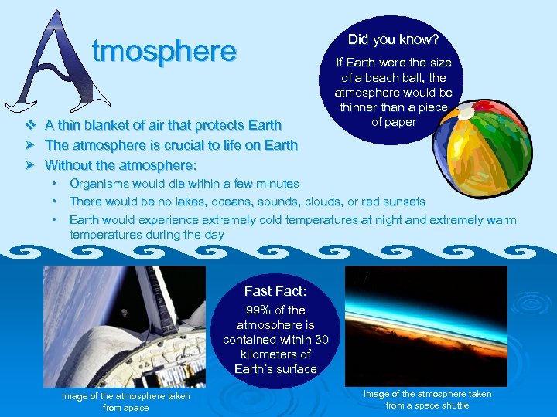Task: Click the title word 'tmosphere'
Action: tap(163, 51)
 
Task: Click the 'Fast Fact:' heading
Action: tap(275, 291)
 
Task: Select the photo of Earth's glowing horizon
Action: tap(425, 325)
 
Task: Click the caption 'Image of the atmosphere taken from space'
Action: tap(125, 402)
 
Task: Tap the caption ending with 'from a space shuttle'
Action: tap(427, 399)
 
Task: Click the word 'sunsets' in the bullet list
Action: tap(404, 202)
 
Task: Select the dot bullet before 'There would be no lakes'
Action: tap(55, 202)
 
